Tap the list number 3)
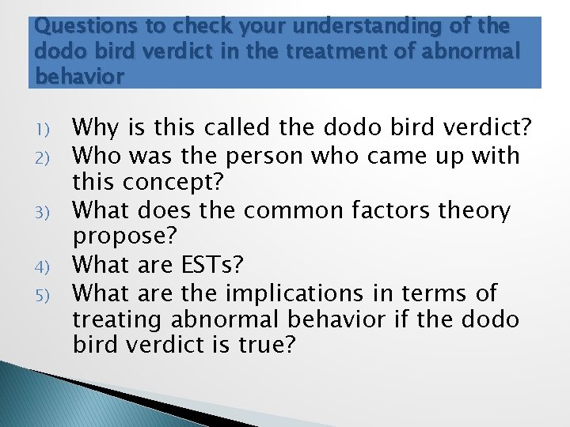pyautogui.click(x=44, y=212)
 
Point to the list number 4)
pyautogui.click(x=44, y=266)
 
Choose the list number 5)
pyautogui.click(x=44, y=294)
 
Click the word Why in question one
pyautogui.click(x=96, y=128)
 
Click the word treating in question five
pyautogui.click(x=121, y=320)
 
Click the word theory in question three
pyautogui.click(x=478, y=210)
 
